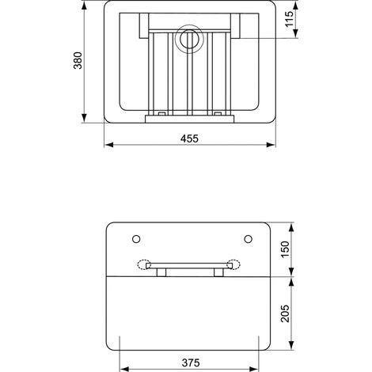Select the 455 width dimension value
click(188, 138)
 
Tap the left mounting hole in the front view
click(136, 238)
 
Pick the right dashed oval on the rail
click(233, 266)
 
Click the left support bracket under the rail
click(161, 273)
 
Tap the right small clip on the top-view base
click(213, 116)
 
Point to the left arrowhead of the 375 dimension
click(121, 368)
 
